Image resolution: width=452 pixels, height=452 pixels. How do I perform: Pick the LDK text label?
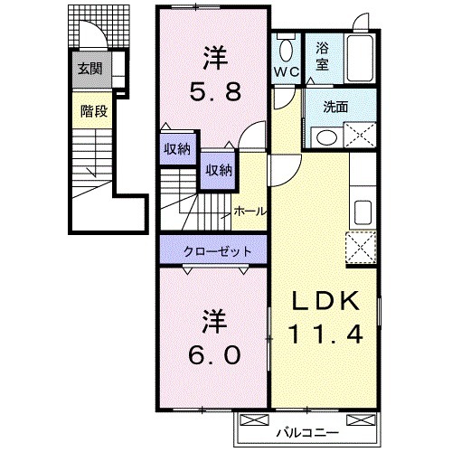pos(326,299)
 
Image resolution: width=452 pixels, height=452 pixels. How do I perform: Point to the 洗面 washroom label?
pos(336,106)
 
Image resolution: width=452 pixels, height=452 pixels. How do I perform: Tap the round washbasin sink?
pos(325,137)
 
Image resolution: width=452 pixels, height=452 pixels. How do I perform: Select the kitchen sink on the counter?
pos(362,213)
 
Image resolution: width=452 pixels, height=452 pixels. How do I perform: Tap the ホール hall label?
pos(249,211)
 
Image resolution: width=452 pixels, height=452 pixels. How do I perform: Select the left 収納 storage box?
pos(176,149)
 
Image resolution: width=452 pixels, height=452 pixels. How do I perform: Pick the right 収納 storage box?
pos(217,169)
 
